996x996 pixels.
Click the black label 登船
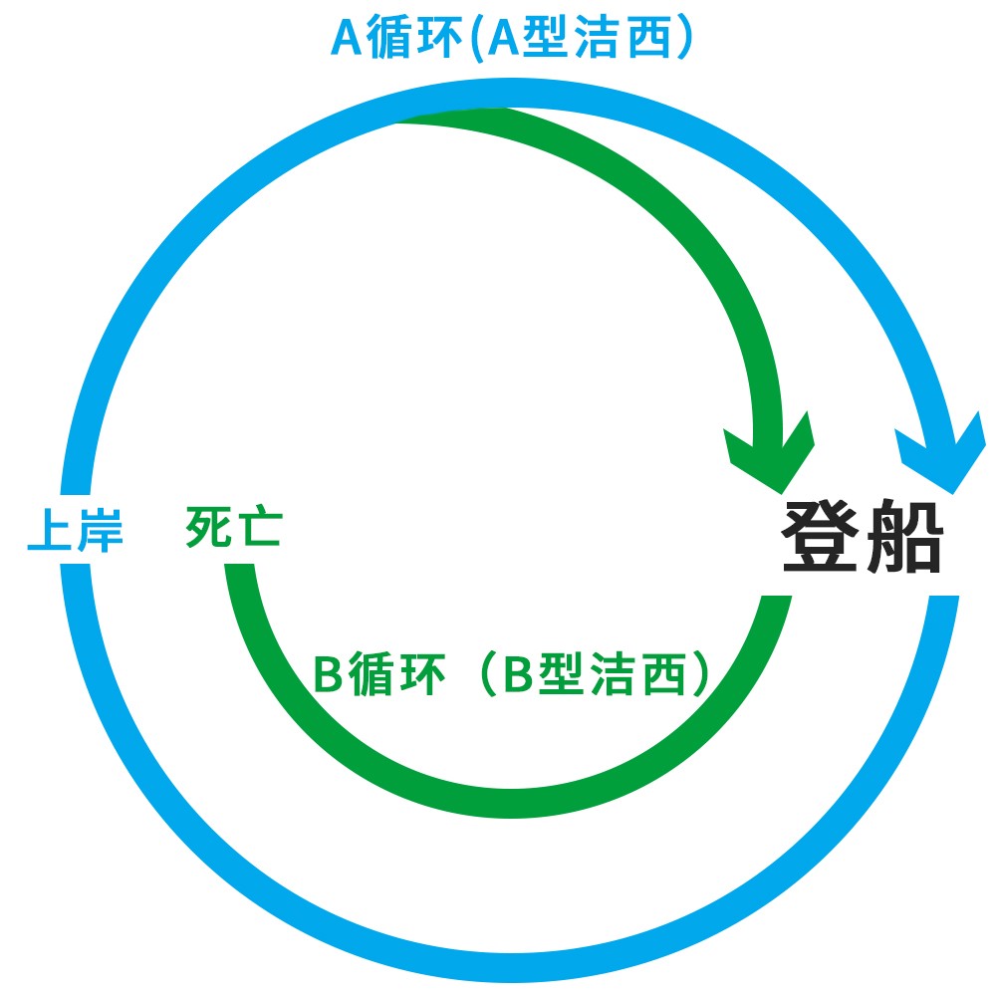[x=862, y=537]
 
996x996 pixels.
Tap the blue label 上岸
[x=75, y=531]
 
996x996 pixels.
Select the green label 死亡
[x=234, y=528]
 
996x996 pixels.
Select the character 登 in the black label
[x=822, y=537]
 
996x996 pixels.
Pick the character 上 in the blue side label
[x=50, y=531]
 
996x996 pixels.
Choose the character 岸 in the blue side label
[x=100, y=531]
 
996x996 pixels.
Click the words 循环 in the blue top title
[x=411, y=40]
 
